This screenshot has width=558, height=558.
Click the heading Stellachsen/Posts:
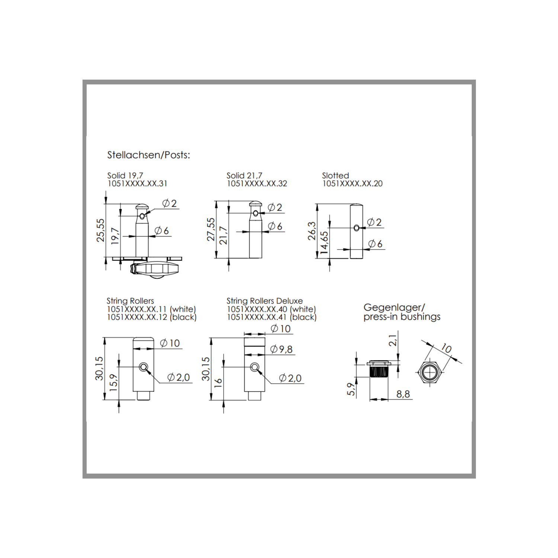[148, 155]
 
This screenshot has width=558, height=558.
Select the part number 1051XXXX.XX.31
[137, 184]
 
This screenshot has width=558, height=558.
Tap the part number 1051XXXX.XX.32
[257, 184]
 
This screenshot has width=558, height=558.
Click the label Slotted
[335, 175]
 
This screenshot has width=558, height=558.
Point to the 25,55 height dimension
[101, 230]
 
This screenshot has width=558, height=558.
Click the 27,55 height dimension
[211, 230]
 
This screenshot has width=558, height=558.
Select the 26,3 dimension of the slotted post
[312, 231]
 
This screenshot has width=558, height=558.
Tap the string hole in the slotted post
[356, 228]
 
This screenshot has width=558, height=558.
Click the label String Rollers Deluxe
[264, 301]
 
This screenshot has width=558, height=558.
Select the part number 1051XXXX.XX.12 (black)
[151, 317]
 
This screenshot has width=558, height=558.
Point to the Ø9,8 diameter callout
[281, 349]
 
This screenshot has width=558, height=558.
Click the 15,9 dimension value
[113, 382]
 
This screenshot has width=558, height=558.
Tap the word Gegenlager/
[394, 308]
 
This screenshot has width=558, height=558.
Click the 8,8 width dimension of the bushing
[403, 394]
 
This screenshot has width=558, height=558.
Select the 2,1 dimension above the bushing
[393, 340]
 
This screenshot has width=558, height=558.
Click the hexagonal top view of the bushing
[430, 372]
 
